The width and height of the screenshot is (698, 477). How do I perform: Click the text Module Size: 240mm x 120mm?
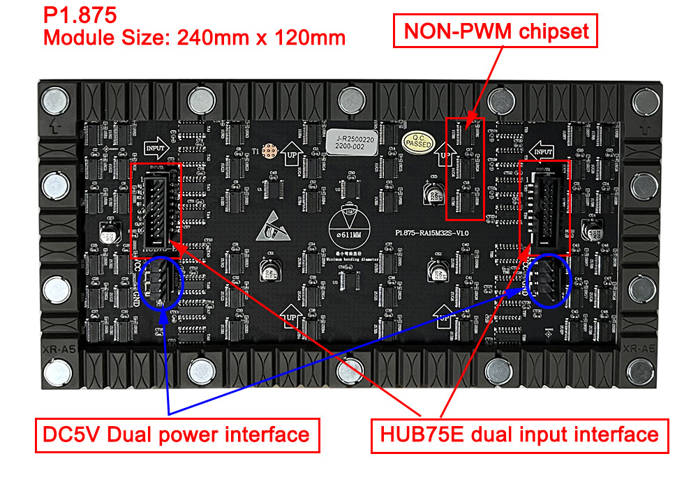pyautogui.click(x=194, y=36)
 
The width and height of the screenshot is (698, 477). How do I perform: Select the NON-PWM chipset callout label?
pyautogui.click(x=496, y=31)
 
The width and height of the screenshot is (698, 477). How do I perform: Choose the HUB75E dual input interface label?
pyautogui.click(x=519, y=435)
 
